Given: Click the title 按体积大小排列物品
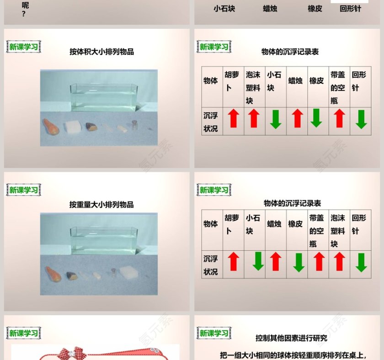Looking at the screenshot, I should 101,52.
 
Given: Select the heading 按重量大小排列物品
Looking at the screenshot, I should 101,205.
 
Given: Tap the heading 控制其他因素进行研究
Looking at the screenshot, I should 291,339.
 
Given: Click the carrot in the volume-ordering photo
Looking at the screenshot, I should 51,127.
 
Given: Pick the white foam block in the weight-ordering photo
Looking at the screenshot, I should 129,274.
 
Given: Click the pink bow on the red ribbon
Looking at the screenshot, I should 70,353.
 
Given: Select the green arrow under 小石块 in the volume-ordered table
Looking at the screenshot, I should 275,119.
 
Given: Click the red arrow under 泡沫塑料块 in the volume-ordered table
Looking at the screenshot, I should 254,119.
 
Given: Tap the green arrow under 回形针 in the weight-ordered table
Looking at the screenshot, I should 361,262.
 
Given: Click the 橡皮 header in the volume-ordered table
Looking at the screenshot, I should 316,81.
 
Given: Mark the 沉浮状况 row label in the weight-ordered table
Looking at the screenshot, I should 211,265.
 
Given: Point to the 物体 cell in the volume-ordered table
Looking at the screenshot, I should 211,81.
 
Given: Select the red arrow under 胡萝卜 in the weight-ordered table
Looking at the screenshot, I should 234,262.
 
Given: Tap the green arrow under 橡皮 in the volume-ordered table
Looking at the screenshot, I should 316,119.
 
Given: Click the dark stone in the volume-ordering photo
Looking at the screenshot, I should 91,127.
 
